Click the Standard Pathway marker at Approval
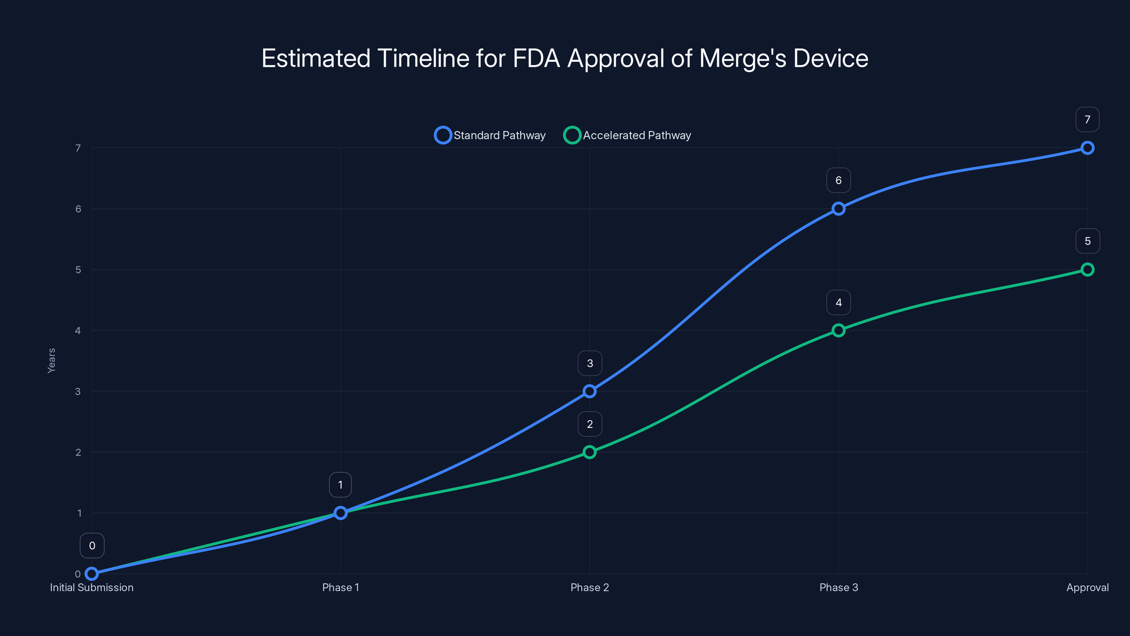pos(1087,148)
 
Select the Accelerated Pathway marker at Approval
pos(1087,270)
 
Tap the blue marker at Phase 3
pos(838,208)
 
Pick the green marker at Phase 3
pos(838,330)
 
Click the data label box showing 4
pos(838,302)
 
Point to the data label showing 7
pos(1087,119)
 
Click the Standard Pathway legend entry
pos(490,135)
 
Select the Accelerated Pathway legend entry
pos(627,135)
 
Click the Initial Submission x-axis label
pos(92,587)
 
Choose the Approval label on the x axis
pos(1087,587)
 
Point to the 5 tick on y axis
pos(78,270)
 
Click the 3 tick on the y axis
pos(78,391)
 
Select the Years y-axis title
pos(51,360)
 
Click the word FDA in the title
pos(536,58)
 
